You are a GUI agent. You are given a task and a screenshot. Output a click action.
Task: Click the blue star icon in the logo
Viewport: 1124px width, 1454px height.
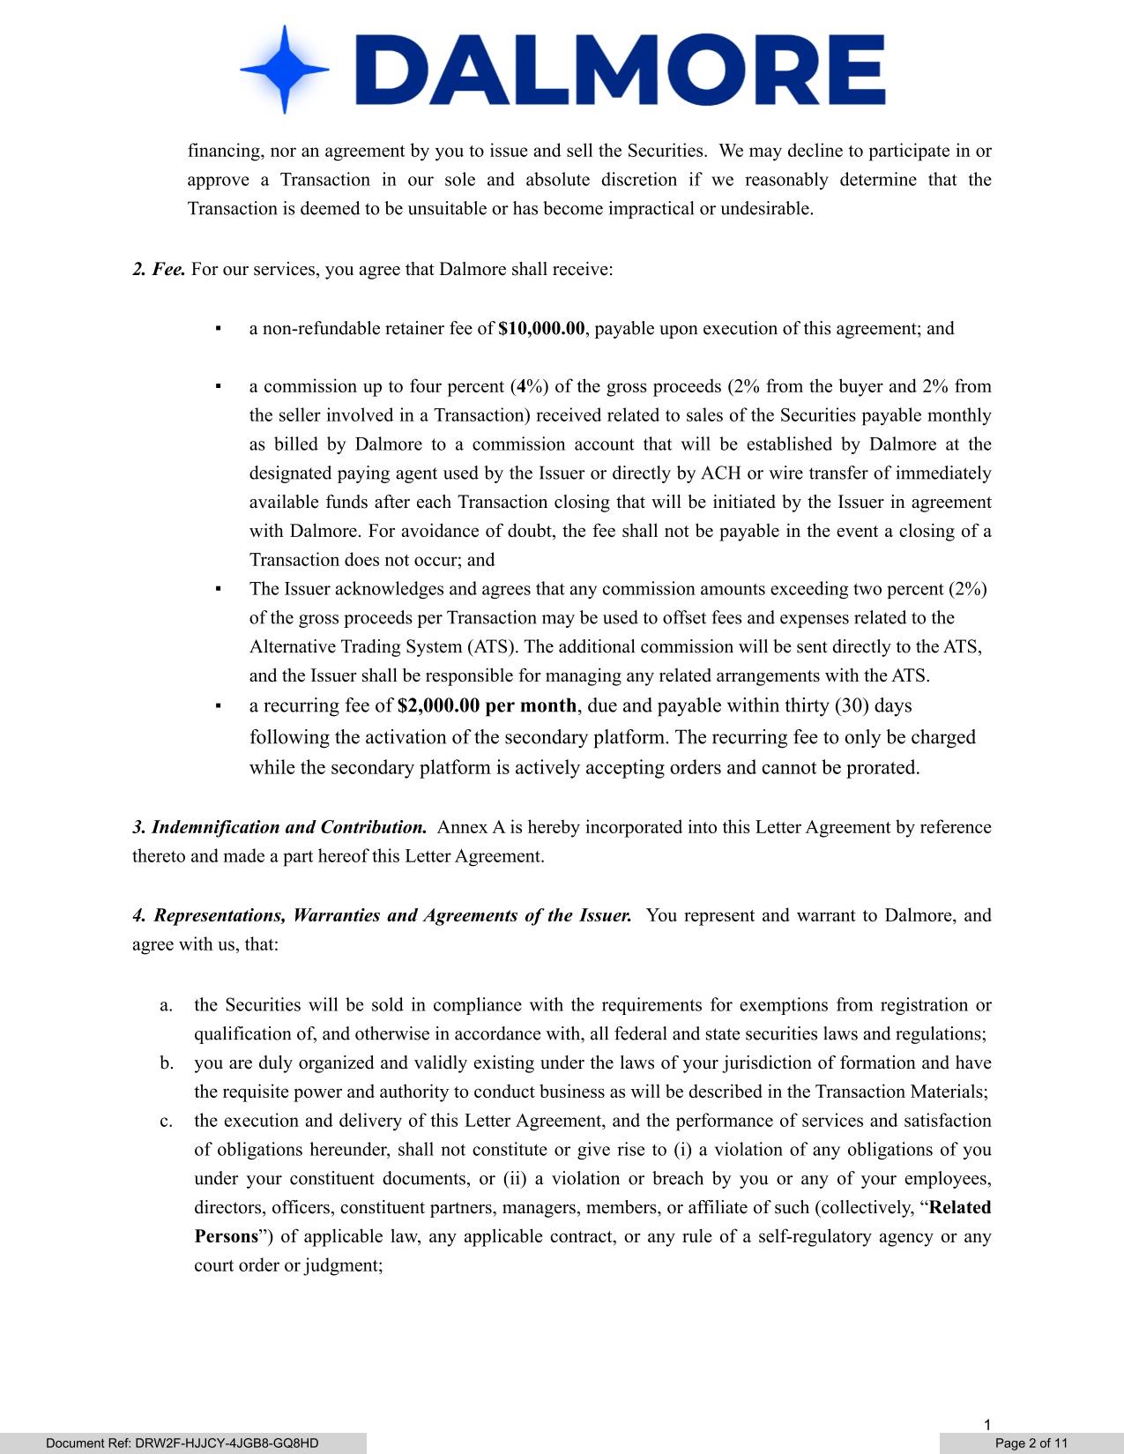tap(284, 69)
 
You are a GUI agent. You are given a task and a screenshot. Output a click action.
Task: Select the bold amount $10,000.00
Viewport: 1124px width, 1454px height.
tap(541, 329)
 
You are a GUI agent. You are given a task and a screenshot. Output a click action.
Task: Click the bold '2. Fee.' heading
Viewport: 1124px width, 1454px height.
tap(159, 269)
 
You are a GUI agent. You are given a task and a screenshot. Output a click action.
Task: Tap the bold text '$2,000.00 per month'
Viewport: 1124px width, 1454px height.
tap(488, 705)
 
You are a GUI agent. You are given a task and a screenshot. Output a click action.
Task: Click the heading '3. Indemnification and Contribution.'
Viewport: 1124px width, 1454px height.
tap(279, 827)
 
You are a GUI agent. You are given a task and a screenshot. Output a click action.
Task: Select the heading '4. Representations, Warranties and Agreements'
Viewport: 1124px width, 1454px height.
tap(382, 915)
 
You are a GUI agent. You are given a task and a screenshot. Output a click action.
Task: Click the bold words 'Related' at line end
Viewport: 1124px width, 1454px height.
tap(960, 1208)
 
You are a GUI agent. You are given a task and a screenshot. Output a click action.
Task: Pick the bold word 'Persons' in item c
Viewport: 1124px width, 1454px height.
tap(226, 1236)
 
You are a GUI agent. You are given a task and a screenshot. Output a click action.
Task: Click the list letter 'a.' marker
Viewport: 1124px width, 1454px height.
tap(167, 1005)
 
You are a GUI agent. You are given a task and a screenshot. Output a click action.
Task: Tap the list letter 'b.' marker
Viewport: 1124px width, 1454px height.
tap(167, 1063)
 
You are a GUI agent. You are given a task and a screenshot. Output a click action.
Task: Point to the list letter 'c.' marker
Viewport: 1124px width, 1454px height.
tap(167, 1121)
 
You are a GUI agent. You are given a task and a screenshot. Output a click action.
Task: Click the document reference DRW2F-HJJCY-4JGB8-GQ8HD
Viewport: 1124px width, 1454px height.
tap(182, 1443)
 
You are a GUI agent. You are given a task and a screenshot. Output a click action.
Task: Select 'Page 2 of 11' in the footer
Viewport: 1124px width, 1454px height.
tap(1031, 1443)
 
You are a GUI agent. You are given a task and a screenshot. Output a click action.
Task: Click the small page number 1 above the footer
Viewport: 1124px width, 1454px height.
tap(988, 1425)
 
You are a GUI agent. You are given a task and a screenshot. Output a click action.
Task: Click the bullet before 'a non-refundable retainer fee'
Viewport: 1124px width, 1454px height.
tap(218, 329)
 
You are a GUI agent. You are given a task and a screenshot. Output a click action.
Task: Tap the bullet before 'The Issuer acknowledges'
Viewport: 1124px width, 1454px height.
tap(218, 589)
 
